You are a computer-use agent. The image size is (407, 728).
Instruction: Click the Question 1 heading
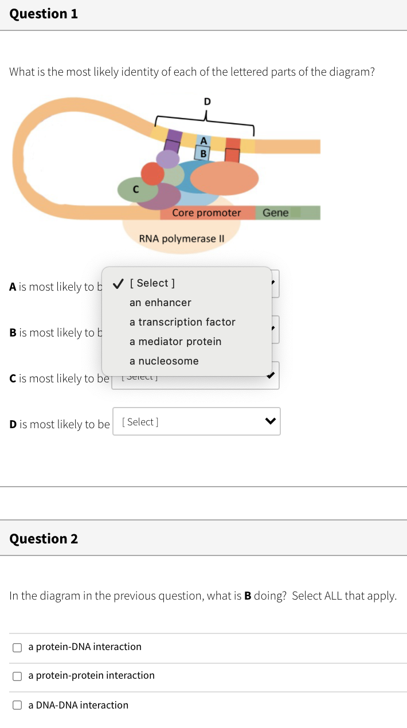tap(44, 14)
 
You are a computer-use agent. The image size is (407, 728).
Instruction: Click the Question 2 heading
tap(44, 538)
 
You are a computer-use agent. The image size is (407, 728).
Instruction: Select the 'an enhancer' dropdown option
tap(161, 303)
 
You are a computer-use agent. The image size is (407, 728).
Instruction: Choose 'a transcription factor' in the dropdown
tap(182, 322)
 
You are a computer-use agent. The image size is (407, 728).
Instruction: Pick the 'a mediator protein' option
tap(175, 342)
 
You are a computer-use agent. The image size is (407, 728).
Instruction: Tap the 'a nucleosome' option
tap(164, 361)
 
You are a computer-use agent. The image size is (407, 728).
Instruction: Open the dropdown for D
tap(196, 422)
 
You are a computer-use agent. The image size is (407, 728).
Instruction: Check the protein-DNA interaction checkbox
tap(18, 647)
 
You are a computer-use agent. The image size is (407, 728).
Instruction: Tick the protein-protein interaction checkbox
tap(18, 676)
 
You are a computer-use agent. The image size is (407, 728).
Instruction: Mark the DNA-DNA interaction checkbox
tap(18, 705)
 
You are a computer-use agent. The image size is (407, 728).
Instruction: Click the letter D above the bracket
tap(207, 101)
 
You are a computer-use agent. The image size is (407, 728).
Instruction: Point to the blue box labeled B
tap(202, 153)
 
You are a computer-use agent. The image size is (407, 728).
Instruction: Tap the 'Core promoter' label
tap(206, 213)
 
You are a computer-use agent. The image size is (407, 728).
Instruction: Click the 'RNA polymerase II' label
tap(181, 238)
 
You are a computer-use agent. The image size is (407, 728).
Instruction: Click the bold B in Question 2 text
tap(248, 596)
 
